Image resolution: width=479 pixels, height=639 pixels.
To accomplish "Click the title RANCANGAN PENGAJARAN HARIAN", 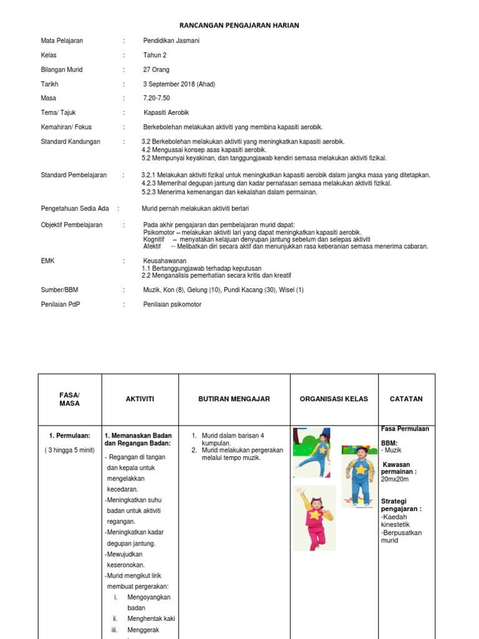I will click(239, 26).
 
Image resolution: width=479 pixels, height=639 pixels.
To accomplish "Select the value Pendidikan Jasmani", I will click(172, 41).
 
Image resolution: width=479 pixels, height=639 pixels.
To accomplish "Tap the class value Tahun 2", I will click(155, 55).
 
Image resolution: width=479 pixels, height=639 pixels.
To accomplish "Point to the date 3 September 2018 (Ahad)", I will click(179, 84).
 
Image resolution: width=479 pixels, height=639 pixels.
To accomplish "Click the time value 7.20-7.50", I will click(157, 98).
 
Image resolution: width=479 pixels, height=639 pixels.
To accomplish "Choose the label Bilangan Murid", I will click(62, 70).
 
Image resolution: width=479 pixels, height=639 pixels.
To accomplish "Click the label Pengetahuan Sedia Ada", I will click(74, 208).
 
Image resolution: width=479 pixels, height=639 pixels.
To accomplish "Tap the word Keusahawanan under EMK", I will click(165, 260).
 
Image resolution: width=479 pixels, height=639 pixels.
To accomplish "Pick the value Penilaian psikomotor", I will click(172, 305).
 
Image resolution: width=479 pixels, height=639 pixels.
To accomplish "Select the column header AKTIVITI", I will click(140, 399).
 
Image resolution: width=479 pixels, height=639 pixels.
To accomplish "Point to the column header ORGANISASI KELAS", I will click(334, 399).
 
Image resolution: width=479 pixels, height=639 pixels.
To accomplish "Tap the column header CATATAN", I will click(406, 399).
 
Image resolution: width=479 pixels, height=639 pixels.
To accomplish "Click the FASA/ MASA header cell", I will click(70, 399).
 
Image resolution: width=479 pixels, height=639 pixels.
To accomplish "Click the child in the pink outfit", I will click(314, 518).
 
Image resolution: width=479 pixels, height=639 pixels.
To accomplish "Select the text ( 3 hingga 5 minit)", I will click(69, 450).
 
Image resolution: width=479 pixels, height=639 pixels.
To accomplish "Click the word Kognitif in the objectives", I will click(154, 239).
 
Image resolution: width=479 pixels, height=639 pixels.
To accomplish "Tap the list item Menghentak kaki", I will click(151, 618).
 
